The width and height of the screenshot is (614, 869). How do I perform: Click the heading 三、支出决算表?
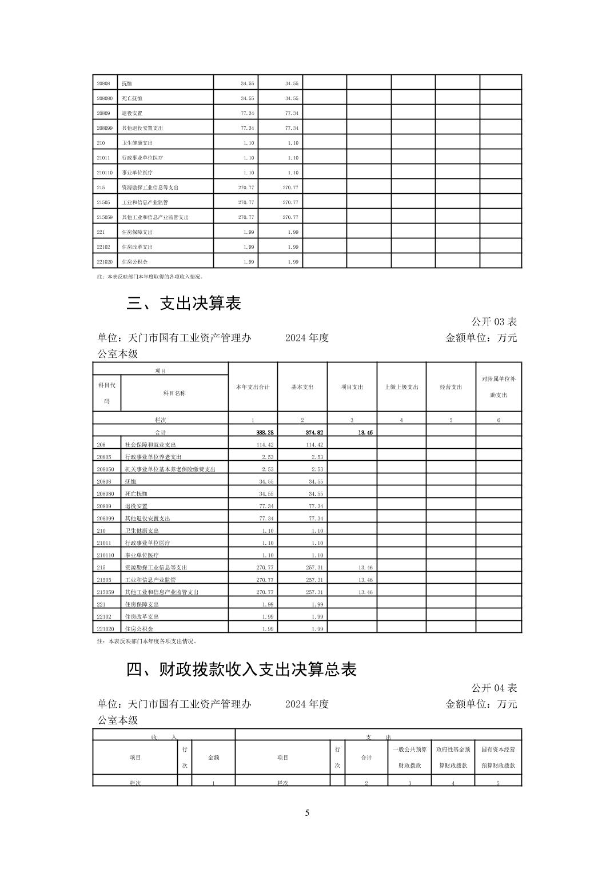184,303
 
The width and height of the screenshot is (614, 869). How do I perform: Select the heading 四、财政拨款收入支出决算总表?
241,669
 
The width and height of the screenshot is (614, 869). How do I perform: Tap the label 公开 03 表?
494,322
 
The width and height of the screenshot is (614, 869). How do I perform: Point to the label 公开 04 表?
494,688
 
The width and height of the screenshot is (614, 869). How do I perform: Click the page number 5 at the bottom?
307,813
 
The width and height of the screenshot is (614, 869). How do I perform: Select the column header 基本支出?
302,387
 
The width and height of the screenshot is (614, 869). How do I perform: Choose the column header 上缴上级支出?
401,387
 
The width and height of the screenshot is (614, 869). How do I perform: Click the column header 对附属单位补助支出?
499,387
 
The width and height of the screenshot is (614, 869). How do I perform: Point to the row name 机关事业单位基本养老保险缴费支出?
170,469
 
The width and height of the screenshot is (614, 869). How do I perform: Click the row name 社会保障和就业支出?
150,445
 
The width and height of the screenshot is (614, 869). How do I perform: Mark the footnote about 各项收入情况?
150,277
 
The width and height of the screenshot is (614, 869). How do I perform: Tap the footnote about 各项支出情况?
147,641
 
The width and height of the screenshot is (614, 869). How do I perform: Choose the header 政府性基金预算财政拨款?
453,757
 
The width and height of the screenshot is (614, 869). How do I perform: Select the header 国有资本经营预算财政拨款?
498,757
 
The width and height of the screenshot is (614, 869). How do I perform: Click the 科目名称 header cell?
174,393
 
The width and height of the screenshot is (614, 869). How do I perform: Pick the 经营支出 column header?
451,387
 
